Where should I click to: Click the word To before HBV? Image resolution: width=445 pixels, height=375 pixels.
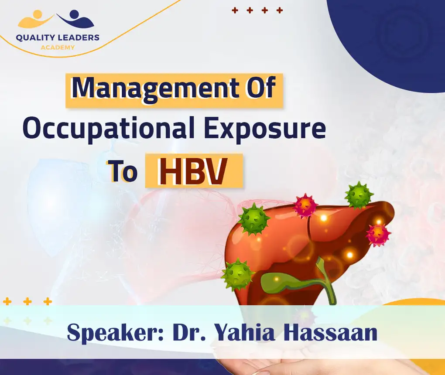coord(123,171)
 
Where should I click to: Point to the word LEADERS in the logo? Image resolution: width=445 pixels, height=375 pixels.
coord(79,38)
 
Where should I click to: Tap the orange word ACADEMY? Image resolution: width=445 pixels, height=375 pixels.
coord(58,47)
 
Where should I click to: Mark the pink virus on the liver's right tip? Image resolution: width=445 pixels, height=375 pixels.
coord(377,234)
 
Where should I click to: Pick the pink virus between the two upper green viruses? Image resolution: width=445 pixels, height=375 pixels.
coord(305,206)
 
